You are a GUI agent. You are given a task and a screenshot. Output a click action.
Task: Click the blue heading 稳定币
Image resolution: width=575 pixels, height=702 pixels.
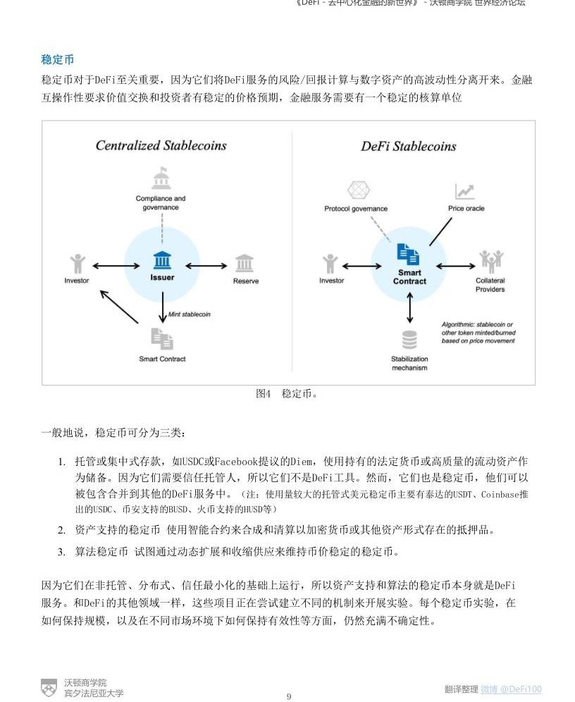click(58, 60)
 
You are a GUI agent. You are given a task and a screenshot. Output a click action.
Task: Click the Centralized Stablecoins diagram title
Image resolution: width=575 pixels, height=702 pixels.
click(161, 146)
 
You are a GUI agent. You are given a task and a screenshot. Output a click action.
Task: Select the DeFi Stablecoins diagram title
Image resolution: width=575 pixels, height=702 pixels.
click(409, 147)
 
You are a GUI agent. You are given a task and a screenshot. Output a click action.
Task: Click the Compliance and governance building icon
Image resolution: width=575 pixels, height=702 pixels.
click(161, 179)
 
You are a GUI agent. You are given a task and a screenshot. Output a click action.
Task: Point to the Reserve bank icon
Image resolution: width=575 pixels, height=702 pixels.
click(245, 264)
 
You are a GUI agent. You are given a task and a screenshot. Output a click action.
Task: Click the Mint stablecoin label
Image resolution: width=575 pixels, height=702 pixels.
click(189, 314)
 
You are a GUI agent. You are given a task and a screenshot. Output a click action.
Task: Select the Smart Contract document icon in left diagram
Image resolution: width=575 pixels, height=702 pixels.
click(162, 339)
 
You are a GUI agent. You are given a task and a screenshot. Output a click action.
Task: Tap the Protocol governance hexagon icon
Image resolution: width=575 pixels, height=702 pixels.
click(359, 190)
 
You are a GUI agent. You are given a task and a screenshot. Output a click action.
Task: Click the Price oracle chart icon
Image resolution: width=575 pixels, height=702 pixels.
click(464, 191)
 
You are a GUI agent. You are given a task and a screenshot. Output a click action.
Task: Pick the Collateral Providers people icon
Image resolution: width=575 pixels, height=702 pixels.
click(490, 261)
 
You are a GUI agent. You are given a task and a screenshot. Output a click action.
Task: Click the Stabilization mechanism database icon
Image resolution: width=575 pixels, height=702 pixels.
click(409, 340)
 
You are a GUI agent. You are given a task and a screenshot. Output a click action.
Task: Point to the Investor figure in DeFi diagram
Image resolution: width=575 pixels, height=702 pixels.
click(330, 264)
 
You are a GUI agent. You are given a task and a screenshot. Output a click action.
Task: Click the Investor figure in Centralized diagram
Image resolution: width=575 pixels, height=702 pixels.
click(78, 264)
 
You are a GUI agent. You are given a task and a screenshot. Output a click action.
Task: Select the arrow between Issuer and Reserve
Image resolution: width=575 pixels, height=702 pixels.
click(206, 266)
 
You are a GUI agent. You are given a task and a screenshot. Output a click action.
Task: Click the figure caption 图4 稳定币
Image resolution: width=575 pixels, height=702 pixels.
click(287, 393)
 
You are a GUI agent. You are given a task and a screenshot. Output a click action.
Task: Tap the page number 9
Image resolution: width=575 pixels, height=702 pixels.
click(288, 696)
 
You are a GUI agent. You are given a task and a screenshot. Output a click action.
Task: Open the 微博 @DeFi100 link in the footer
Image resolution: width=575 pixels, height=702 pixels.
click(511, 689)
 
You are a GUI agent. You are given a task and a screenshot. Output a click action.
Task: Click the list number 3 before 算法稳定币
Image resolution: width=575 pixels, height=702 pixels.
click(61, 552)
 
